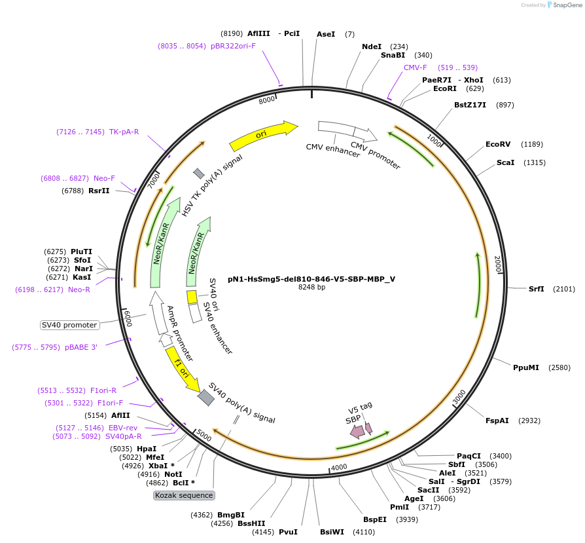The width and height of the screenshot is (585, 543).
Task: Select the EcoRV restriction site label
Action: pos(497,144)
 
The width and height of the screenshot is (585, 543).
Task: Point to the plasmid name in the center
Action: pos(311,278)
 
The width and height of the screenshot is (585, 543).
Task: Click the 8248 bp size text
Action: pos(311,288)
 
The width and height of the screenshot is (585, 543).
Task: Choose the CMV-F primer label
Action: pos(415,67)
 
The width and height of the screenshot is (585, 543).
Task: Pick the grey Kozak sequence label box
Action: pos(184,495)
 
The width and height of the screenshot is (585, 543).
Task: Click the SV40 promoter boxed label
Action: pos(69,325)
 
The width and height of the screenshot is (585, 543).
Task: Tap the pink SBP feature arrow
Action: pos(357,430)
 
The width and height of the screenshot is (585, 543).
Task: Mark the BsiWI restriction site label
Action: pos(332,532)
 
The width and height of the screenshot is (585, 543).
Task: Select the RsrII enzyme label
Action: pos(99,191)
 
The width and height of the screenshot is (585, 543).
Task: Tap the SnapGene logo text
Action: pos(563,5)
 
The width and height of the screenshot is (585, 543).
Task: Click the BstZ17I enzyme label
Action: pos(470,105)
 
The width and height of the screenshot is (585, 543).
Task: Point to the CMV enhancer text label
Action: pos(333,149)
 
